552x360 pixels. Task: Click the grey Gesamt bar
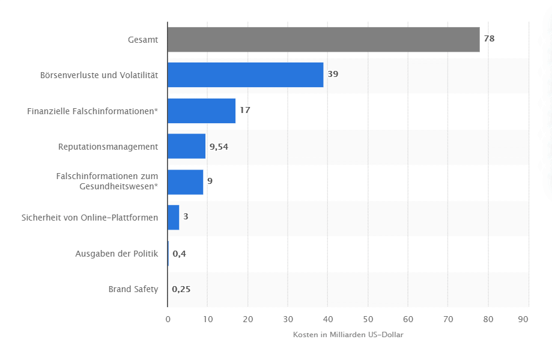pyautogui.click(x=323, y=40)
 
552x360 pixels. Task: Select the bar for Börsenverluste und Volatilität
pyautogui.click(x=245, y=75)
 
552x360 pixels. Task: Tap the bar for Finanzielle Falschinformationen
pyautogui.click(x=201, y=111)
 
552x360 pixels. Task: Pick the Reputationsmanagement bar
pyautogui.click(x=186, y=146)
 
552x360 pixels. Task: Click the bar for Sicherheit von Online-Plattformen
pyautogui.click(x=173, y=217)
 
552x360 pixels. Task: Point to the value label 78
pyautogui.click(x=489, y=39)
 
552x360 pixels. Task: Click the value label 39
pyautogui.click(x=333, y=75)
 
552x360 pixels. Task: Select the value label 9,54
pyautogui.click(x=219, y=146)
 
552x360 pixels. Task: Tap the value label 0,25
pyautogui.click(x=181, y=289)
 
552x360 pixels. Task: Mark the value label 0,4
pyautogui.click(x=179, y=254)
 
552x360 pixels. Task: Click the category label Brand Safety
pyautogui.click(x=133, y=289)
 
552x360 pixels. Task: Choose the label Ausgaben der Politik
pyautogui.click(x=117, y=254)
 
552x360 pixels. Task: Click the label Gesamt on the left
pyautogui.click(x=143, y=40)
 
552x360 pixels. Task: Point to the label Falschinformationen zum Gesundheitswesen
pyautogui.click(x=107, y=181)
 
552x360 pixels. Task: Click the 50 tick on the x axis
pyautogui.click(x=368, y=319)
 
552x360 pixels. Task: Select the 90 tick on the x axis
pyautogui.click(x=529, y=319)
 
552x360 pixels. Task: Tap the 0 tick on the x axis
pyautogui.click(x=168, y=319)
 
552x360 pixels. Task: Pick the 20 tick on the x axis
pyautogui.click(x=247, y=319)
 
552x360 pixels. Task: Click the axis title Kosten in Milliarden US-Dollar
pyautogui.click(x=348, y=335)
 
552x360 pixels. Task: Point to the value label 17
pyautogui.click(x=244, y=111)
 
